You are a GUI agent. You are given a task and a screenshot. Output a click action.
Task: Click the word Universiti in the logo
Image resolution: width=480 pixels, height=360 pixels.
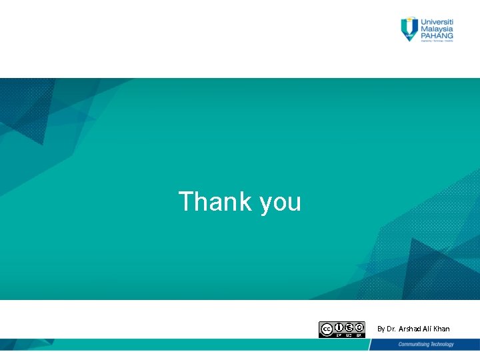(x=437, y=21)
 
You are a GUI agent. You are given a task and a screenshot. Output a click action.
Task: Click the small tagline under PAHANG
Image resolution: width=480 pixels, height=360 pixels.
(x=437, y=42)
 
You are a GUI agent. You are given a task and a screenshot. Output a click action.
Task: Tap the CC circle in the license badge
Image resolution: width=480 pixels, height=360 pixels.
(x=327, y=329)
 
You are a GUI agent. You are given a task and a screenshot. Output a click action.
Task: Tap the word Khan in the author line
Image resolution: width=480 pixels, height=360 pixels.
(x=441, y=329)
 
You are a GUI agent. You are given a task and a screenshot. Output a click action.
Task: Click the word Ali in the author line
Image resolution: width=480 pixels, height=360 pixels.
(x=429, y=329)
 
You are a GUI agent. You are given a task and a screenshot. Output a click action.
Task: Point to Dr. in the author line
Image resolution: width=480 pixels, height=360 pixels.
(x=391, y=329)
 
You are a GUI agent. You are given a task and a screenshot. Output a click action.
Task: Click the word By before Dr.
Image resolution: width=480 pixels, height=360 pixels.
(x=381, y=329)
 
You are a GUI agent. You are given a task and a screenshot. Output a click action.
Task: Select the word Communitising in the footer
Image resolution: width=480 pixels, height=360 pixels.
(x=413, y=344)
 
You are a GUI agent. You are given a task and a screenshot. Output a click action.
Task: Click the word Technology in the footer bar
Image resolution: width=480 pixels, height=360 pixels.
(x=441, y=344)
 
